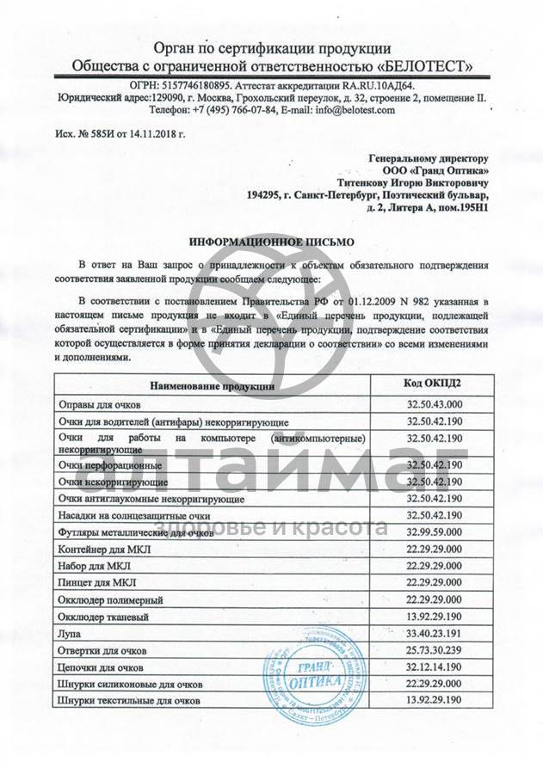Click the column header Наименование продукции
(x=213, y=386)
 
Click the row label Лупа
(x=69, y=634)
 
